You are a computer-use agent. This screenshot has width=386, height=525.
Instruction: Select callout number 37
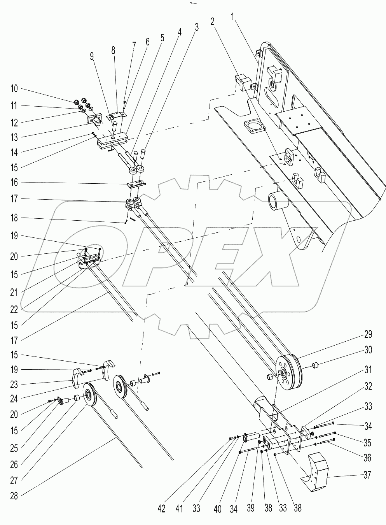pyautogui.click(x=367, y=475)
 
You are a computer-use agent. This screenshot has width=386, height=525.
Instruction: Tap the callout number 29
pyautogui.click(x=367, y=334)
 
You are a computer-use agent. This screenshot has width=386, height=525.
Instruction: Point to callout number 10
pyautogui.click(x=14, y=89)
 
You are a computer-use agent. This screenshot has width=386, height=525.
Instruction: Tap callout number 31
pyautogui.click(x=367, y=369)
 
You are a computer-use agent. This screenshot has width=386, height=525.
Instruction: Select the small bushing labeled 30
pyautogui.click(x=316, y=366)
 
